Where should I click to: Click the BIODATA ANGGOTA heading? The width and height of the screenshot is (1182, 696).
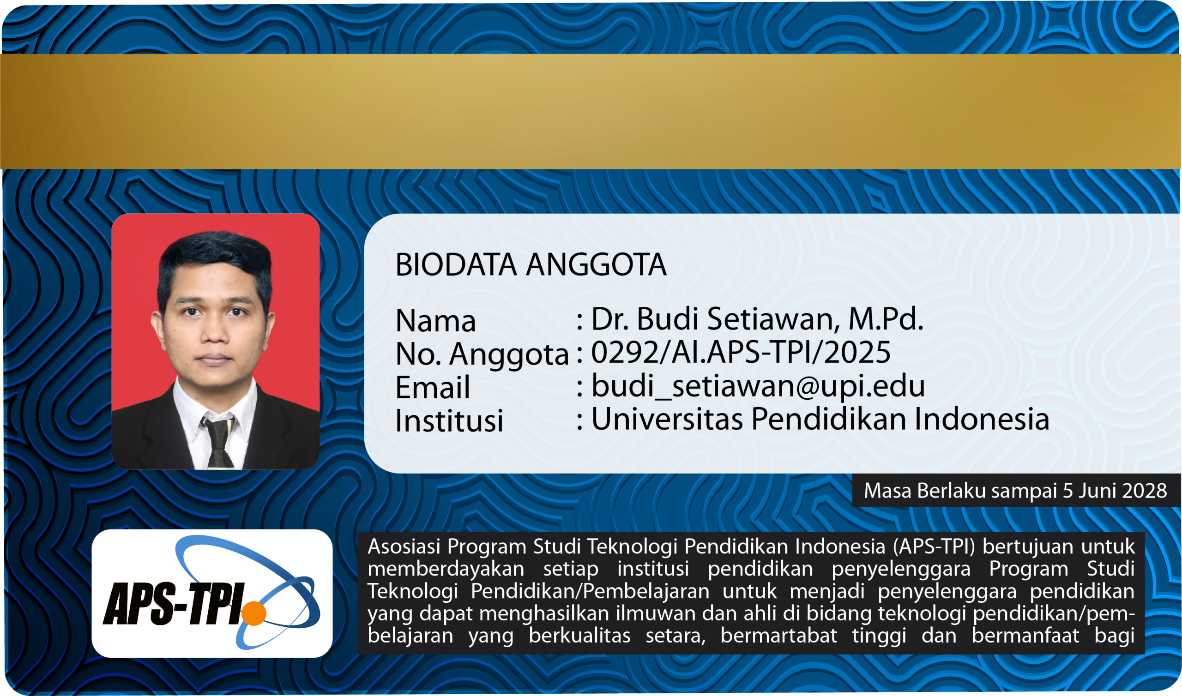pos(531,265)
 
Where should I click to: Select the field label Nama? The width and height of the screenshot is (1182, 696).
pos(436,321)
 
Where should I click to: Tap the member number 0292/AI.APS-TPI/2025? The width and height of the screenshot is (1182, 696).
pos(741,352)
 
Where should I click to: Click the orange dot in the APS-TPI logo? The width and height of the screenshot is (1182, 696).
pos(254,613)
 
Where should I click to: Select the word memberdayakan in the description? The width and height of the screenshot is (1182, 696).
pos(446,569)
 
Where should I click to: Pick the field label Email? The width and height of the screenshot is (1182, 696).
pos(432,387)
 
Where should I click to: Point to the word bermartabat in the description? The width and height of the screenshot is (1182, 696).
pos(778,636)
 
